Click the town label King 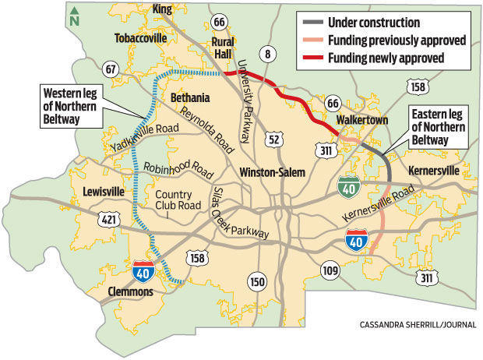(x=162, y=9)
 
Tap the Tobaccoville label (x=141, y=37)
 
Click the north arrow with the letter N (x=75, y=15)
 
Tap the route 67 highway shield (x=112, y=70)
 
